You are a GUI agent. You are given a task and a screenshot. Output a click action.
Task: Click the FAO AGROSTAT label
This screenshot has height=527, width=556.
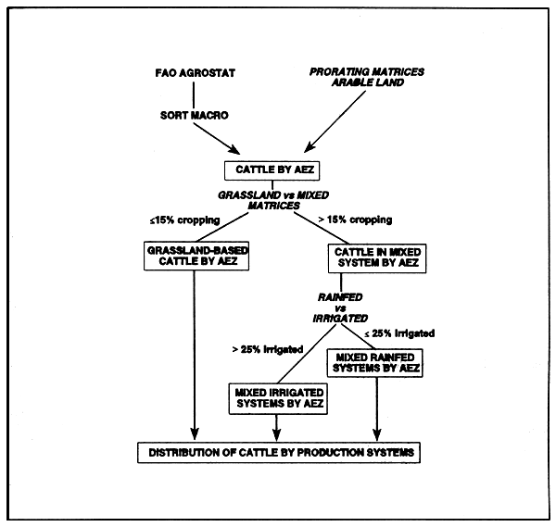coord(193,72)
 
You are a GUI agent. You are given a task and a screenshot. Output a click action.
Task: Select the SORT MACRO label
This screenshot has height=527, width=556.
coord(193,117)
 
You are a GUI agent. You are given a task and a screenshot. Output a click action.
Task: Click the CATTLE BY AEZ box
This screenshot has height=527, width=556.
coord(274,169)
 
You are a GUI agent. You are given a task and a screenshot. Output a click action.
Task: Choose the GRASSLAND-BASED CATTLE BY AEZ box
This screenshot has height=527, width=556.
coord(195,256)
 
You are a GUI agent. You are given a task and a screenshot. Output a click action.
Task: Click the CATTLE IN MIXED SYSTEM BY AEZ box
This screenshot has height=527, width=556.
coord(374,256)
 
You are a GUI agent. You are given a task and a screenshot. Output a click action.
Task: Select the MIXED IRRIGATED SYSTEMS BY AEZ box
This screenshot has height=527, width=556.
coord(276,398)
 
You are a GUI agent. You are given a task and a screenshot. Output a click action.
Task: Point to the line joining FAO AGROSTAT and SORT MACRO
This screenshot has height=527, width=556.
coord(193,94)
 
